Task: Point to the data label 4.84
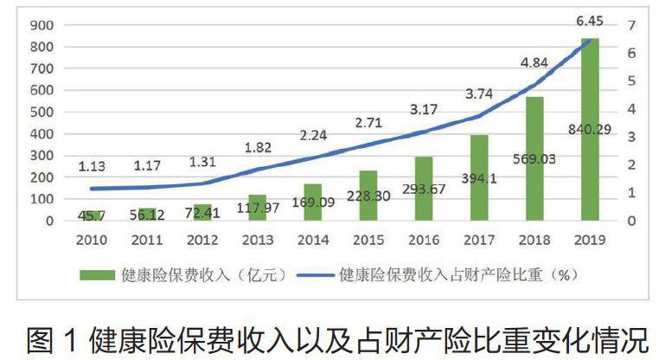click(535, 62)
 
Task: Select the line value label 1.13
click(93, 168)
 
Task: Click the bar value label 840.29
click(589, 131)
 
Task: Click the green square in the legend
click(97, 275)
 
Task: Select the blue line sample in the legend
click(317, 275)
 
